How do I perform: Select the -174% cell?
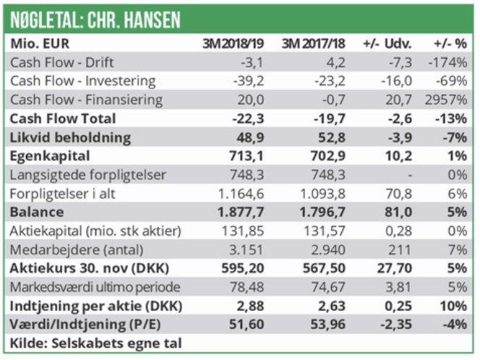[x=450, y=62]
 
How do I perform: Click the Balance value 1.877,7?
[x=240, y=212]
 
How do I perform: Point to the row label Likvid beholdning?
[x=71, y=137]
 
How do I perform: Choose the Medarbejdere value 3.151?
[x=244, y=249]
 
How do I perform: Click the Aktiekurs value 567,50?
[x=323, y=268]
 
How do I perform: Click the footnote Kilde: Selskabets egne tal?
[x=95, y=343]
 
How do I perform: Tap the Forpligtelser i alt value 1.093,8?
[x=320, y=193]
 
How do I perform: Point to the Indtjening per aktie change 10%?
[x=454, y=306]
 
